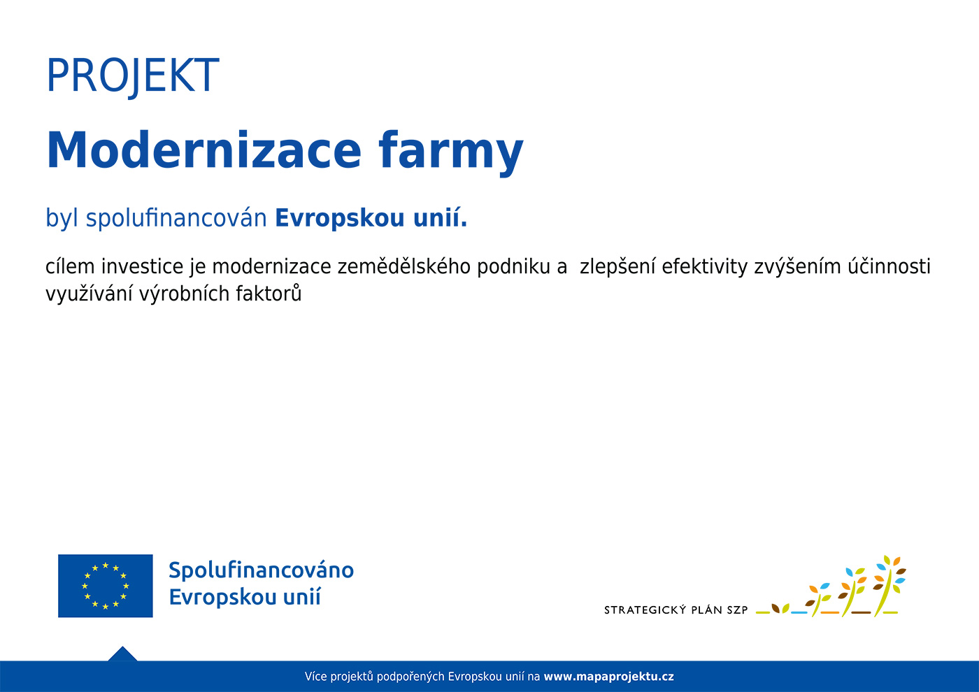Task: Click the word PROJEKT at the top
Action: click(132, 77)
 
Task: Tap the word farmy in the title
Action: click(451, 153)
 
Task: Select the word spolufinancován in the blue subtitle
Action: click(176, 218)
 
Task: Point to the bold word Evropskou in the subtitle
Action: click(340, 218)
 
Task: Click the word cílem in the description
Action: click(70, 266)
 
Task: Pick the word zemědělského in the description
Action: click(404, 266)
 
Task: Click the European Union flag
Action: click(106, 586)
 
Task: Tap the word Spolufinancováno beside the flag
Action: click(261, 571)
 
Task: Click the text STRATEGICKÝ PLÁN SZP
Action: click(676, 610)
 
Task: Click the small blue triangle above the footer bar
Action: click(122, 654)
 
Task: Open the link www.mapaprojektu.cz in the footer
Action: click(608, 677)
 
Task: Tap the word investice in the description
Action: click(142, 266)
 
